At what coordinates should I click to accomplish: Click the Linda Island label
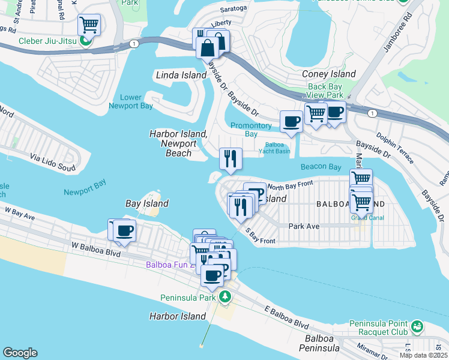point(178,75)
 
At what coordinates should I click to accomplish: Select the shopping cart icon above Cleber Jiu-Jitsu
point(89,25)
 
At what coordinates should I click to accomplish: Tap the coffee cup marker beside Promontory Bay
point(292,121)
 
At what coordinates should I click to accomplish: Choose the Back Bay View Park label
point(325,91)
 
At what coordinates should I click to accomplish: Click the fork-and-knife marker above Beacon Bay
point(231,160)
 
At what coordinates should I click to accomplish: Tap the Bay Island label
point(146,203)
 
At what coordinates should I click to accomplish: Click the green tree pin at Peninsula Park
point(224,296)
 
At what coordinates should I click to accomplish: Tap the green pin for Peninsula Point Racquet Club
point(417,327)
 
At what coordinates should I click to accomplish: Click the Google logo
point(20,353)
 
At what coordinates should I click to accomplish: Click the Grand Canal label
point(360,217)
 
